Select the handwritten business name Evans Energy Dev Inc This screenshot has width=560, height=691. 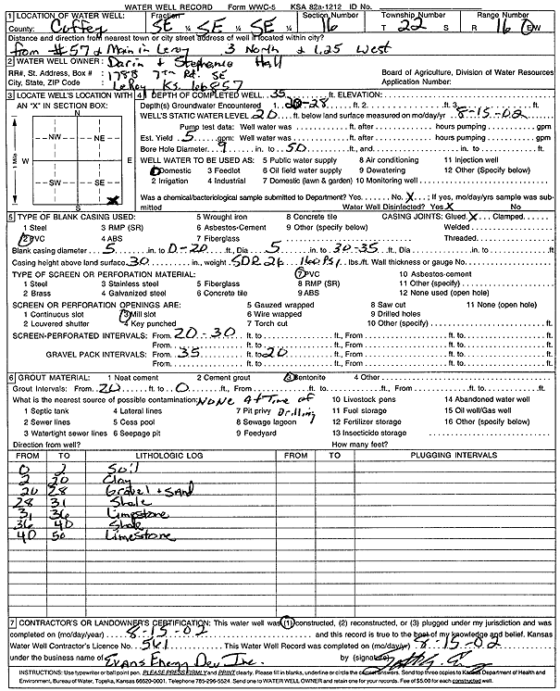(120, 664)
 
